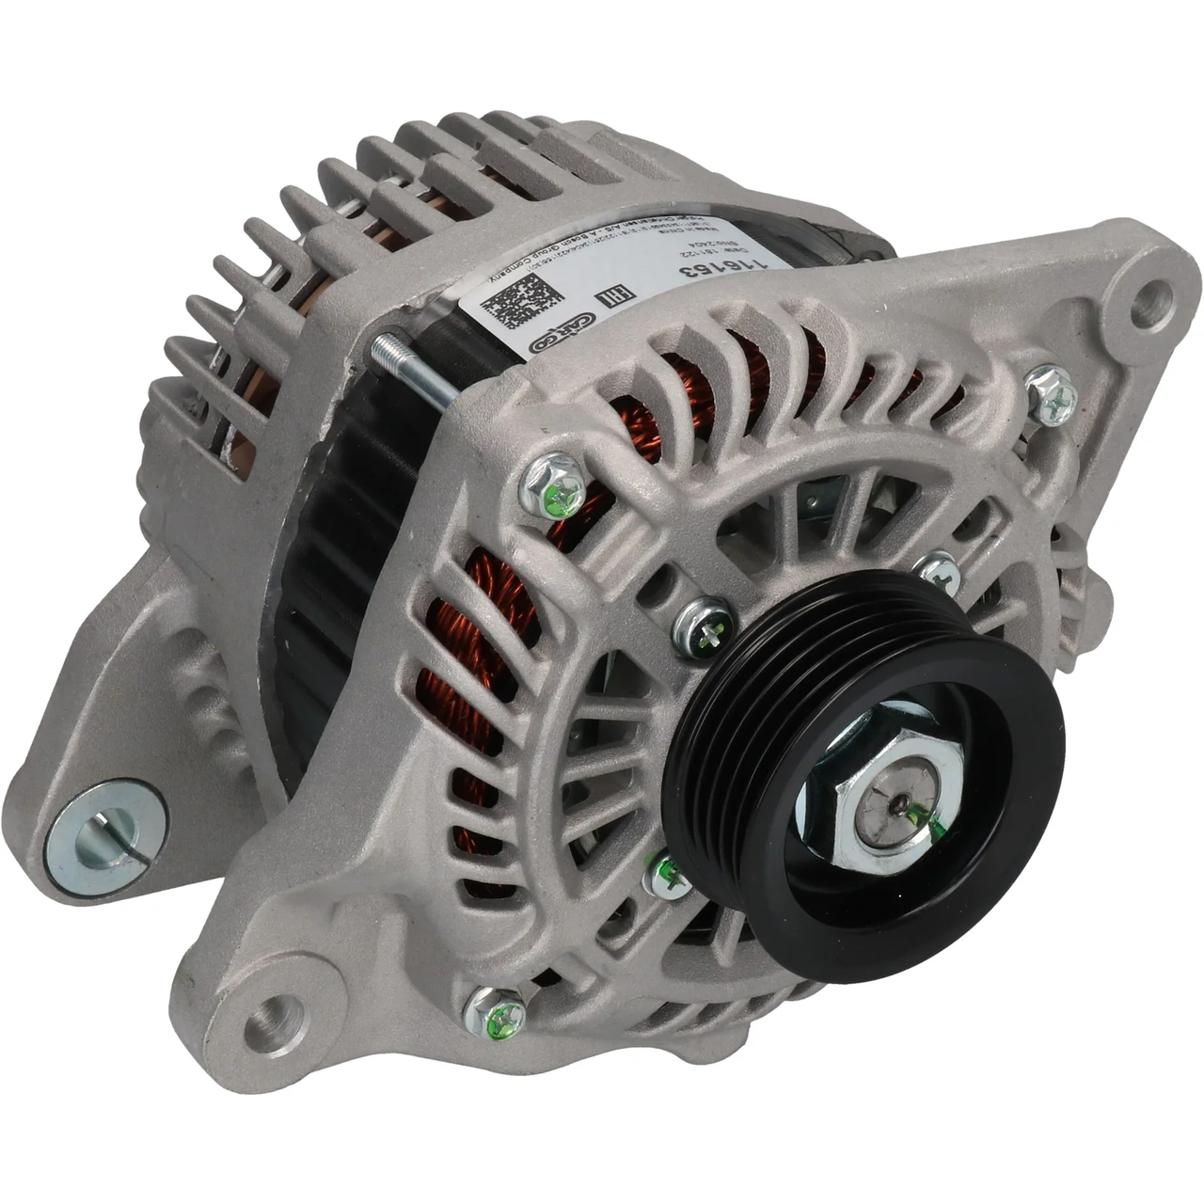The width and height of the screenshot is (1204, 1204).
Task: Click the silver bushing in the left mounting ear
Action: [103, 828]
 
